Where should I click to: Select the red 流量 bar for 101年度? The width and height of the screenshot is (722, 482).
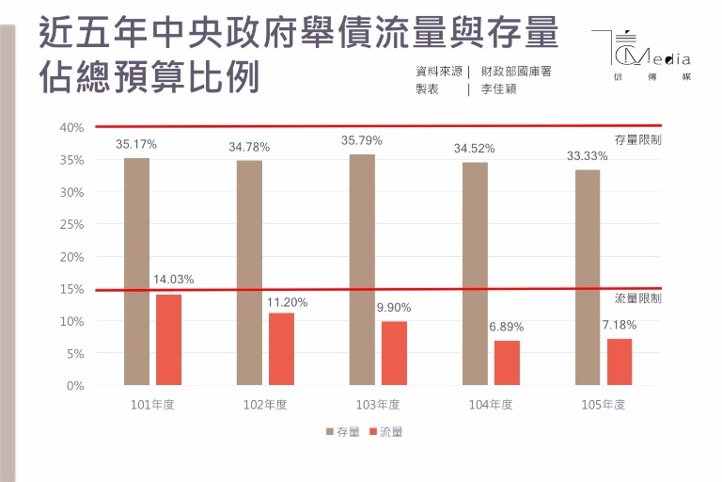169,340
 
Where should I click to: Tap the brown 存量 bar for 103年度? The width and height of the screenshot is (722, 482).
362,269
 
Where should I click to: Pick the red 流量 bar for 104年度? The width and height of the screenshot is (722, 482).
507,362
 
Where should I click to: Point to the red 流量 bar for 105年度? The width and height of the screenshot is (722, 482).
620,361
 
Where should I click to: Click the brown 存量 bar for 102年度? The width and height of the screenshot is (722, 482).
249,272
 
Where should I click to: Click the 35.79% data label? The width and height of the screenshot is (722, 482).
362,140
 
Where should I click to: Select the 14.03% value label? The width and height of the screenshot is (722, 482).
173,280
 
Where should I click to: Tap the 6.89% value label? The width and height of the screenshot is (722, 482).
507,327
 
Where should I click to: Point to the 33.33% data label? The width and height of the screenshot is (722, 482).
588,155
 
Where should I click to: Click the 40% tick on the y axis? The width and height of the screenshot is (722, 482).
71,127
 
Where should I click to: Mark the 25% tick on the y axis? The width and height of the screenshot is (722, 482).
71,224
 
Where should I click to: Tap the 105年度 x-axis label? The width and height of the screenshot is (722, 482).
603,405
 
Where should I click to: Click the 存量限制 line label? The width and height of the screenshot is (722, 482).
637,139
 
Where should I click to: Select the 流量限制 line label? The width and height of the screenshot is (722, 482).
637,298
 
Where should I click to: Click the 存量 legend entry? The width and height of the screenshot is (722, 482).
342,432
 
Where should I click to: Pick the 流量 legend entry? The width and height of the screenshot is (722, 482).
386,432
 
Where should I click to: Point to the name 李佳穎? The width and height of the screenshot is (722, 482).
499,89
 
